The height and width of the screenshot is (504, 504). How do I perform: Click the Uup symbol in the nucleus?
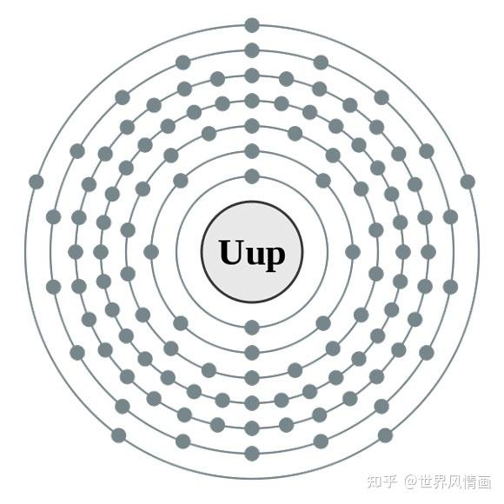point(252,254)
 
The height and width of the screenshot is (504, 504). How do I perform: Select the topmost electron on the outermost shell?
point(252,25)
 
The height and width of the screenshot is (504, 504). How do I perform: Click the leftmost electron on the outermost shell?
point(36,182)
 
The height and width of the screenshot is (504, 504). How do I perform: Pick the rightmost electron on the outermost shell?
point(468,182)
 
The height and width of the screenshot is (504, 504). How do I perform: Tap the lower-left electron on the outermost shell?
point(118,435)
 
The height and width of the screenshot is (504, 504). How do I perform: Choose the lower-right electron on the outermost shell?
point(386,435)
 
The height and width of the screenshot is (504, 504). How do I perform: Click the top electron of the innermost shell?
point(252,176)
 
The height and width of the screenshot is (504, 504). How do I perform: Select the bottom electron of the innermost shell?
point(252,328)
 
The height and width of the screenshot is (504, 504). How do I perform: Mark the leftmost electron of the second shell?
point(151,252)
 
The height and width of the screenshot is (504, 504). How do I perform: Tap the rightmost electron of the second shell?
point(353,252)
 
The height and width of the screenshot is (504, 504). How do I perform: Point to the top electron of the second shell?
point(252,151)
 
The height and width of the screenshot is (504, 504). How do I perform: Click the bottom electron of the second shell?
point(252,353)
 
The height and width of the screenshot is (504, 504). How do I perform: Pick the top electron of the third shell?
point(252,126)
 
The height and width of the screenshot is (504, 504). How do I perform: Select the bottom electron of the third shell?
point(252,378)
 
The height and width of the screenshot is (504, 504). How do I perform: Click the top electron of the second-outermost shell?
point(252,50)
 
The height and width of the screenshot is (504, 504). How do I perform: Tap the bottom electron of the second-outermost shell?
point(252,454)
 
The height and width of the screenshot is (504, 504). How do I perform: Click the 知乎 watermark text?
point(381,481)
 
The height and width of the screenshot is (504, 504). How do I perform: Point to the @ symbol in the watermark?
point(410,481)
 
